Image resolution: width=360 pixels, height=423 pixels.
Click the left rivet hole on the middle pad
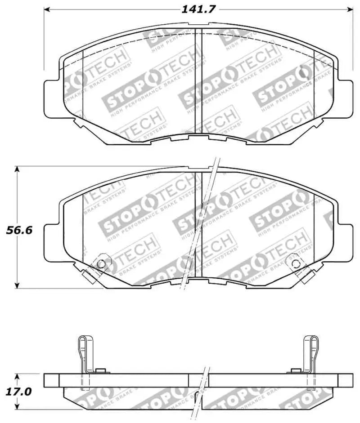pyautogui.click(x=101, y=263)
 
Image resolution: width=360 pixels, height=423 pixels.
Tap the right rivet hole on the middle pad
pyautogui.click(x=295, y=263)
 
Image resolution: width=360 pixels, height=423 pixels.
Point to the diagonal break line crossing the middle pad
pyautogui.click(x=198, y=225)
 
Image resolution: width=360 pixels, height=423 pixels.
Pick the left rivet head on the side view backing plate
pyautogui.click(x=101, y=370)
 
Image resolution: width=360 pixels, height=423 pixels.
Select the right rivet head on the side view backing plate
pyautogui.click(x=295, y=370)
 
